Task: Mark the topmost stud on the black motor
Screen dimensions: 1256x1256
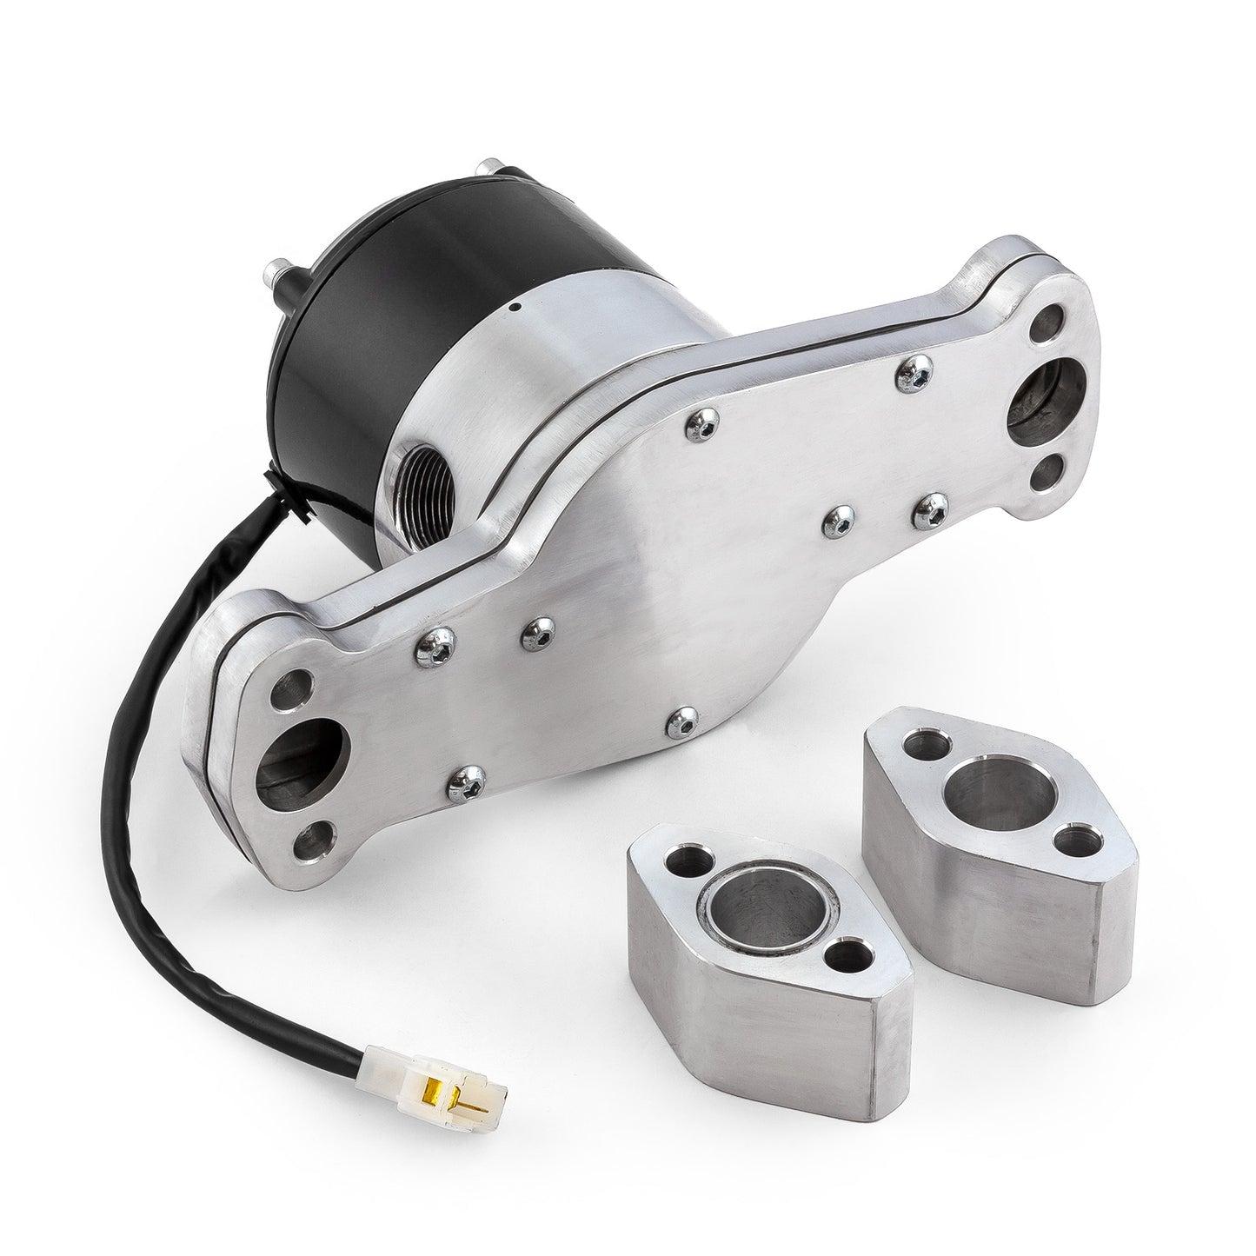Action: click(504, 167)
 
